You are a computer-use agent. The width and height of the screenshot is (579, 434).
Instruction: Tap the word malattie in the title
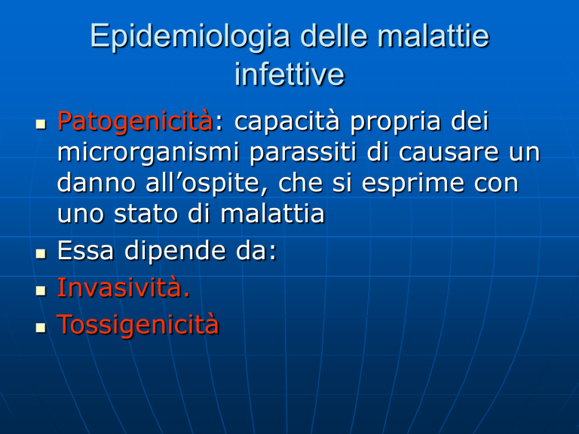433,35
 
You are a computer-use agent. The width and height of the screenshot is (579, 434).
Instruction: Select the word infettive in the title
289,73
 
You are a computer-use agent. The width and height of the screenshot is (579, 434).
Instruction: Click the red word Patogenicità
135,122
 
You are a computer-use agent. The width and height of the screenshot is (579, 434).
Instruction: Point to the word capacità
287,122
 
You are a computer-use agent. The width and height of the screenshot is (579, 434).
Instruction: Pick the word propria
396,123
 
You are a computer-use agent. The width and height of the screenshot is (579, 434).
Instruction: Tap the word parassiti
303,152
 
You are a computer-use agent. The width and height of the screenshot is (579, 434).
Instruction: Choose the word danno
96,182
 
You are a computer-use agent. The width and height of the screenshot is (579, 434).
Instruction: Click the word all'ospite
207,183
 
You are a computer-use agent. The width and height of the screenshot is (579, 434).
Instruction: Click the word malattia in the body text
272,213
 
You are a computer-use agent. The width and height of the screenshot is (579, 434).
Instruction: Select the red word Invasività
124,288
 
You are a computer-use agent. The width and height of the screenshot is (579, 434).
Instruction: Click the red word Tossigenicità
138,325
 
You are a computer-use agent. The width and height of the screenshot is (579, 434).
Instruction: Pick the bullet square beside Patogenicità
41,124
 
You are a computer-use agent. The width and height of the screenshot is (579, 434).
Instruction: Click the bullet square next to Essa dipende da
41,254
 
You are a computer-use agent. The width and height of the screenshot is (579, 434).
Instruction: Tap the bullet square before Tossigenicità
41,328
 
